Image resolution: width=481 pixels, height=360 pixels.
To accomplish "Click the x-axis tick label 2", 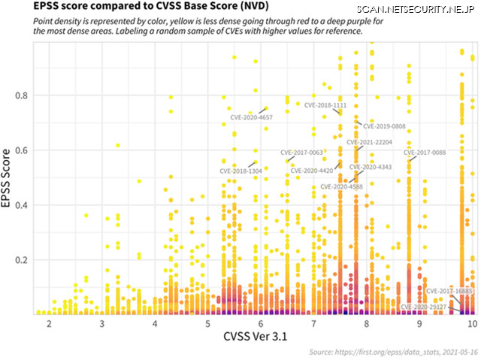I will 49,323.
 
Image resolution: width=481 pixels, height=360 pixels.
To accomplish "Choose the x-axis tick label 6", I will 260,323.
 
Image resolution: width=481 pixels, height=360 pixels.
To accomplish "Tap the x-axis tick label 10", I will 471,323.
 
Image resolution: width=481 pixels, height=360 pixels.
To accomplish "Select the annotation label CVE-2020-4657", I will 251,118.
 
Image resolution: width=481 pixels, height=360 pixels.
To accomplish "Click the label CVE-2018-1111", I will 325,106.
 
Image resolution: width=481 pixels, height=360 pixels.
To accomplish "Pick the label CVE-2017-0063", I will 301,153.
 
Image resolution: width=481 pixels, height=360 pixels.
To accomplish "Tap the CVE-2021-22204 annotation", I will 369,142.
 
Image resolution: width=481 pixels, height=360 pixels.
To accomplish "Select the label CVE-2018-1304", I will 240,171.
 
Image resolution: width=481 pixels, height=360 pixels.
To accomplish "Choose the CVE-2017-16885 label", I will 449,291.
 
